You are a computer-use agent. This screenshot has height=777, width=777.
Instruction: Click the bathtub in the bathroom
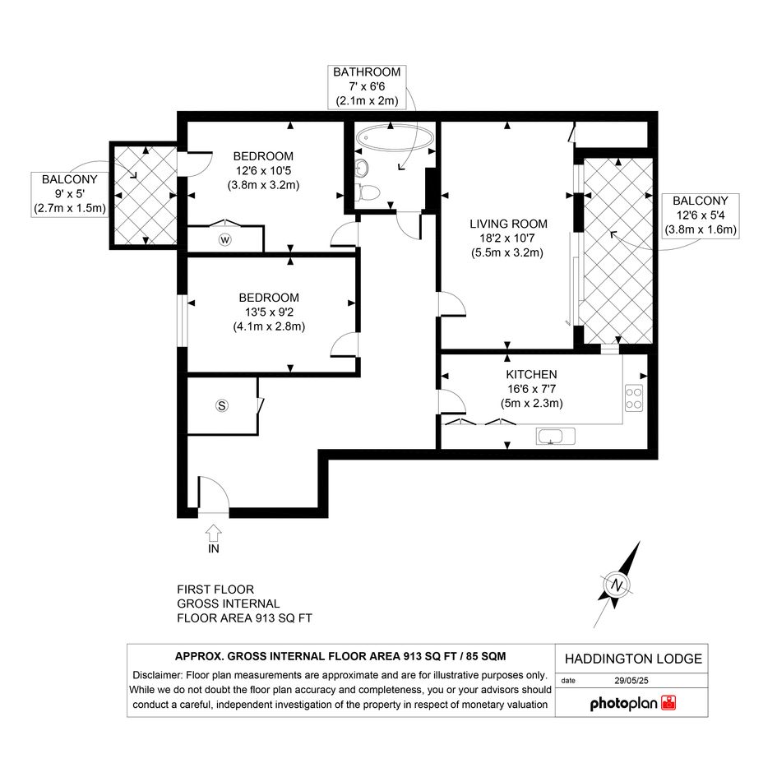coord(395,136)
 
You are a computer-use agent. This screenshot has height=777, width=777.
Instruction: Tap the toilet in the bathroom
coord(368,192)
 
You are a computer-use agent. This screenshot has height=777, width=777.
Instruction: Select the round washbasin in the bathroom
coord(363,169)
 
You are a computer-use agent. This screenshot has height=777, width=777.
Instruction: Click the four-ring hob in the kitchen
coord(634,398)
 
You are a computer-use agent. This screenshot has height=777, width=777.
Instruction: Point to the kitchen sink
coord(556,437)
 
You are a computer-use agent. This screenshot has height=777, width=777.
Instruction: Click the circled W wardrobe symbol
coord(225,240)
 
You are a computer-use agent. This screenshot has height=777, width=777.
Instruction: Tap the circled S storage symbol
coord(221,406)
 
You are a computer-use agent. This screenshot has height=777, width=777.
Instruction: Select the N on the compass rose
coord(617,585)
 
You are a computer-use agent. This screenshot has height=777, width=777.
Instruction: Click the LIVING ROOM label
coord(508,224)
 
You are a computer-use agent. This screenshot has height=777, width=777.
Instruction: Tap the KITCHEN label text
coord(531,375)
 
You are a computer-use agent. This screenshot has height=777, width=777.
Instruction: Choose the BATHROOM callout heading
coord(367,72)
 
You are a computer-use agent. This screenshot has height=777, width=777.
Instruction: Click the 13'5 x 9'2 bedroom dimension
coord(269,312)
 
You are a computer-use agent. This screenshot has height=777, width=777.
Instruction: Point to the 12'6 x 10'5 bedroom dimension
coord(263,171)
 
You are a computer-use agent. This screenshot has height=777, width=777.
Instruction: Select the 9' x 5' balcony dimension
coord(70,194)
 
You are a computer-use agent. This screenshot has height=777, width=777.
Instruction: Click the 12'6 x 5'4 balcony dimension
coord(701,215)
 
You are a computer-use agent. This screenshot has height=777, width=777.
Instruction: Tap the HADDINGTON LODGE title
coord(633,659)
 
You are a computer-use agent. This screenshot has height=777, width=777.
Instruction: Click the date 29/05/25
coord(631,680)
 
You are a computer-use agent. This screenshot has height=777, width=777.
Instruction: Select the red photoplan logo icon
coord(668,703)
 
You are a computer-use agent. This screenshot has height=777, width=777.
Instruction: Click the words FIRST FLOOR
coord(215,590)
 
